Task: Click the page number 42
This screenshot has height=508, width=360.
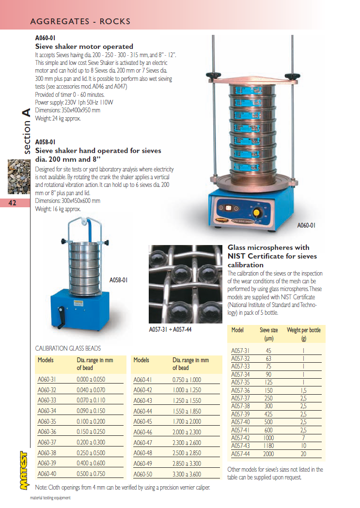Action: [13, 203]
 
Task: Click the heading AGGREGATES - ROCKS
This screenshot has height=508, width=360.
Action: [80, 22]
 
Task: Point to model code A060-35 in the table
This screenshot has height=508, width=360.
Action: [47, 421]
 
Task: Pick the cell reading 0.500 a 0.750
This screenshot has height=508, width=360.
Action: [91, 474]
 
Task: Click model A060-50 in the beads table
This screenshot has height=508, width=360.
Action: [142, 474]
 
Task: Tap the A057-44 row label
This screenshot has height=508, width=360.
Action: [240, 454]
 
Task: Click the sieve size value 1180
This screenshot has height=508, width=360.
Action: [268, 446]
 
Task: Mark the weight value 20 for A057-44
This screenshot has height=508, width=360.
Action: [304, 454]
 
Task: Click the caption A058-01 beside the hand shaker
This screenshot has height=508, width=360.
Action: [119, 279]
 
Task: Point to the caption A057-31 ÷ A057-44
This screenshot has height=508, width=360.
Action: [170, 330]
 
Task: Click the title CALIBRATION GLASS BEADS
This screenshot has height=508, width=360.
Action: [68, 348]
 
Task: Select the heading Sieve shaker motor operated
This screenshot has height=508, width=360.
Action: [84, 46]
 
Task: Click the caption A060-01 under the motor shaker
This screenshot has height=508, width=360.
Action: [306, 225]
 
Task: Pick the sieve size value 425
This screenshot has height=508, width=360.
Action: [268, 414]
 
